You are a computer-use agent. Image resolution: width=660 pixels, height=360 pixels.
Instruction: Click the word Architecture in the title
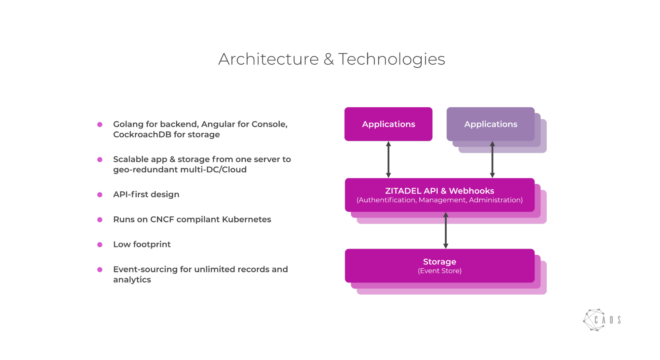pos(268,59)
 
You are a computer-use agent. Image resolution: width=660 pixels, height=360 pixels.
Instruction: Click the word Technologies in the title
pos(391,59)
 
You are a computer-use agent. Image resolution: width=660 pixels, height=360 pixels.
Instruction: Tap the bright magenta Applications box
pos(388,124)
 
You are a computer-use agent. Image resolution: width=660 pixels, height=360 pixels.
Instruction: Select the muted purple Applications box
pos(491,124)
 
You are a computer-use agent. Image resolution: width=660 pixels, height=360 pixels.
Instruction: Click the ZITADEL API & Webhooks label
pos(439,191)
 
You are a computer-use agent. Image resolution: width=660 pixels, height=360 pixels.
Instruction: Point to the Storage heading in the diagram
pos(439,262)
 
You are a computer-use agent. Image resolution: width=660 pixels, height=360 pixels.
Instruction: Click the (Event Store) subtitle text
pos(439,271)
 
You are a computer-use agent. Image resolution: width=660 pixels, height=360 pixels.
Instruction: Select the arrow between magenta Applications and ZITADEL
pos(388,160)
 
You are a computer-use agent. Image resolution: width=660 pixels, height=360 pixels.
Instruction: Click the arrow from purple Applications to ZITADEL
pos(492,160)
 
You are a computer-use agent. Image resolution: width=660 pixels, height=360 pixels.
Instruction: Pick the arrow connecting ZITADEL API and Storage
pos(446,230)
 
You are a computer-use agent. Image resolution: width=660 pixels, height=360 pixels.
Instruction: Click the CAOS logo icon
pos(594,320)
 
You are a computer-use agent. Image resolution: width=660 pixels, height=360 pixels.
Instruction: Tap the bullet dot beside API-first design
pos(100,195)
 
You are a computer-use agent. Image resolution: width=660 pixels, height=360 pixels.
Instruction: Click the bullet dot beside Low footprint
pos(100,245)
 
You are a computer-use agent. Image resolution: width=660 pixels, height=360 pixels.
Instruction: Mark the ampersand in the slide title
pos(329,59)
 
